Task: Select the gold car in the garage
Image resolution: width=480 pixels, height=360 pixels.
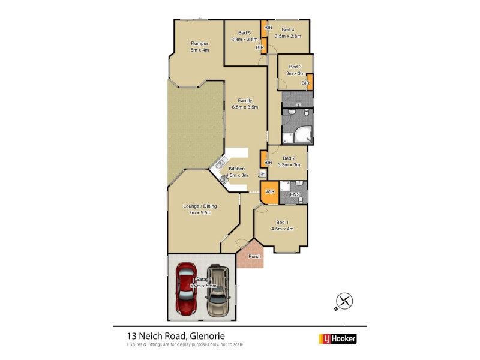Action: pos(218,291)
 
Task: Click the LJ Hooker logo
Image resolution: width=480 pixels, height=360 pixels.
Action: pos(337,338)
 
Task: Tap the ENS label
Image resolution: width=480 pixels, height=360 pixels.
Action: pos(295,195)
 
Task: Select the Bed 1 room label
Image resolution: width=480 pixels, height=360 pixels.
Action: pos(281,223)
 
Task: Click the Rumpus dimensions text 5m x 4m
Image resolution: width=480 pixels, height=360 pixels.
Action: pos(199,50)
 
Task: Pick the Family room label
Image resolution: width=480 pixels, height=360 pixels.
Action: pos(245,100)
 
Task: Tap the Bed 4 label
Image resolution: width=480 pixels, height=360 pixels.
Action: pos(287,29)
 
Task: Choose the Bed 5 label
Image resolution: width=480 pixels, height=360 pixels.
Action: pos(244,33)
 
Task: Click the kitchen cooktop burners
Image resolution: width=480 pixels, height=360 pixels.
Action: pos(224,179)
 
